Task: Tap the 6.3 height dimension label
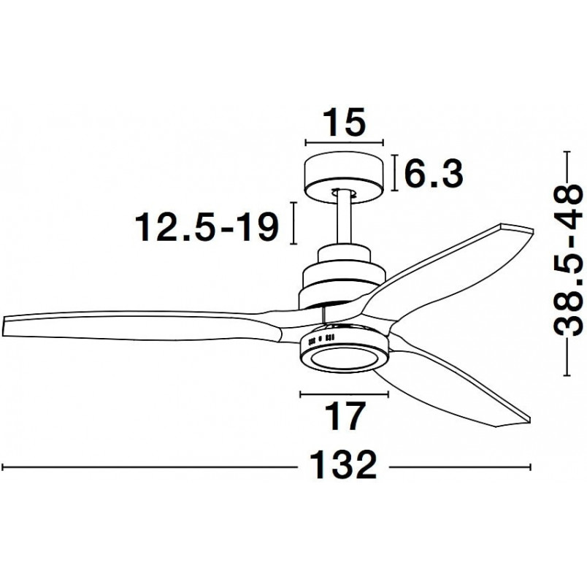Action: [434, 173]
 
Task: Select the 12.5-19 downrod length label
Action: [207, 226]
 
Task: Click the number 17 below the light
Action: [345, 416]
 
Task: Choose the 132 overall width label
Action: [343, 464]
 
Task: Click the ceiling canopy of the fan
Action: [345, 177]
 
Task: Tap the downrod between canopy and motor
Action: [344, 219]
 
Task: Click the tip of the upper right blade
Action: [531, 229]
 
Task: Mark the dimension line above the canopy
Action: [345, 142]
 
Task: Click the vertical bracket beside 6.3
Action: [394, 173]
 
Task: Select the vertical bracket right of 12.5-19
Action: [295, 223]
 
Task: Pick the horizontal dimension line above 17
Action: [345, 394]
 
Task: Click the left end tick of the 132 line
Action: [3, 467]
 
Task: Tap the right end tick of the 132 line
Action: [530, 467]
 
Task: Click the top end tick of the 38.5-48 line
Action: [567, 152]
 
